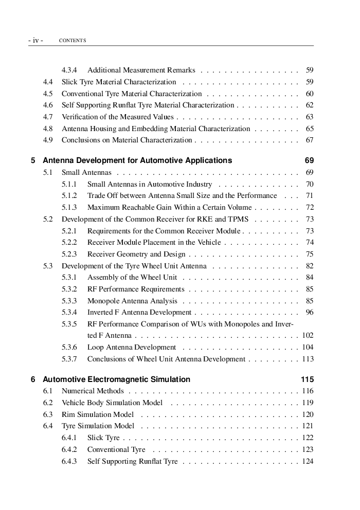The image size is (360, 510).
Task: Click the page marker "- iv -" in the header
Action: [35, 40]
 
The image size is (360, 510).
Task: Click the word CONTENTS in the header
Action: [73, 41]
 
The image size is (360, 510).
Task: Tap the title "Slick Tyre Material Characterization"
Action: [119, 82]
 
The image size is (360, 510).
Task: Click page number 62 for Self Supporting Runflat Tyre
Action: [310, 105]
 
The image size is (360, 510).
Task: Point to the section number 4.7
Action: [48, 117]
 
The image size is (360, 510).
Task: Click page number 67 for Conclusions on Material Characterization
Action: [310, 140]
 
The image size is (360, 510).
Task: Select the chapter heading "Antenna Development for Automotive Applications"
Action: [137, 160]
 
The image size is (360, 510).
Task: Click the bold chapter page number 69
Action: [309, 160]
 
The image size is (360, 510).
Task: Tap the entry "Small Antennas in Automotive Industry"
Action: [150, 184]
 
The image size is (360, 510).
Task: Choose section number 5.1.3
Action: [69, 208]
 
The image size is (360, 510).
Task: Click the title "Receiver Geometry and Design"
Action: [136, 254]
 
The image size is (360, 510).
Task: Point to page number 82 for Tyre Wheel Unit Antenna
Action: [310, 266]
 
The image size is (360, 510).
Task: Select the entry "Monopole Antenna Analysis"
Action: [132, 301]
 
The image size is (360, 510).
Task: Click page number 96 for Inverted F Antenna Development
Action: [310, 313]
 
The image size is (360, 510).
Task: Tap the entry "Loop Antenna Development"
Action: [132, 348]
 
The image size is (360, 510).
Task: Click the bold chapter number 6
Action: [33, 379]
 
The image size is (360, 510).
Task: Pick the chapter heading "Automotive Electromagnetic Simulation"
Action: [116, 379]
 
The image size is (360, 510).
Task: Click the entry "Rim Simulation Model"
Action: [98, 414]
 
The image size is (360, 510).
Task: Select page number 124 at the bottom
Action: [308, 462]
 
